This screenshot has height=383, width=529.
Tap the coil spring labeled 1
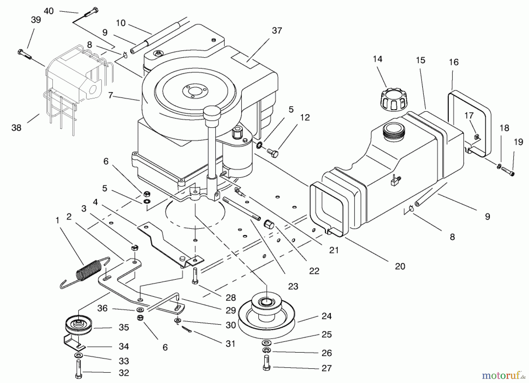click(88, 271)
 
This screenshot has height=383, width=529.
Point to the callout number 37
click(277, 31)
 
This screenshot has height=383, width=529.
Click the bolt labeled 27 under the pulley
click(267, 363)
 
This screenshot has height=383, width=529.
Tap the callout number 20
click(400, 266)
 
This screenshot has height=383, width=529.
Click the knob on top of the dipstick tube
click(212, 112)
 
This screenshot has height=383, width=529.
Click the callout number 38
click(16, 128)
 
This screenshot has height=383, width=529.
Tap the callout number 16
click(454, 62)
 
